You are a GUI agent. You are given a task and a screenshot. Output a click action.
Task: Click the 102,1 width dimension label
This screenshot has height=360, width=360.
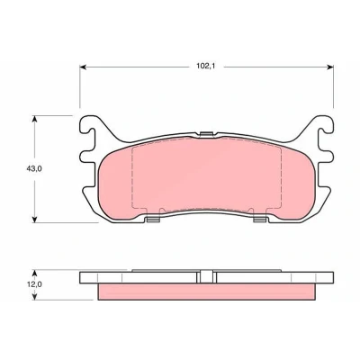[206, 67]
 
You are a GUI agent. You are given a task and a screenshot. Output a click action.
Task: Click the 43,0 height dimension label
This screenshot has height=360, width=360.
[34, 168]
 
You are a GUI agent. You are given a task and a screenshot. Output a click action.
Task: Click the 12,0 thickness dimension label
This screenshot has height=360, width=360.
[34, 284]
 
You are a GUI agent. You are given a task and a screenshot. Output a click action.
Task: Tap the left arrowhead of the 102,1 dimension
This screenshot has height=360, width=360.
[83, 67]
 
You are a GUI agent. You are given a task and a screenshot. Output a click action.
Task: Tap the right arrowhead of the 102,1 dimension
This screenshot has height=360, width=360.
[330, 67]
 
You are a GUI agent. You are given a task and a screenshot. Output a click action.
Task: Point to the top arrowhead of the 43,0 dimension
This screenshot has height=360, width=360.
[35, 119]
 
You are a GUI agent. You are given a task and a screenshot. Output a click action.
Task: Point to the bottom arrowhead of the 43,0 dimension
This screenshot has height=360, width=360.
[35, 220]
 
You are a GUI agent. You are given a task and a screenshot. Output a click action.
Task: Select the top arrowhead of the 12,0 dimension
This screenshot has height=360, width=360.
[35, 273]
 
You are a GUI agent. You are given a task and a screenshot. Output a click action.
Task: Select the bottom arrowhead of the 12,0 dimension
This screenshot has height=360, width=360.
[35, 296]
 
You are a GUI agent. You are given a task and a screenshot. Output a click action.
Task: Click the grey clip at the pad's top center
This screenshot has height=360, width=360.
[206, 134]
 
